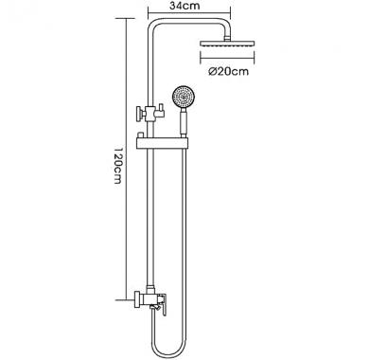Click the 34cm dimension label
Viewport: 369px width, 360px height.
[x=184, y=6]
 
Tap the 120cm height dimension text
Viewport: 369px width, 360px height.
[x=117, y=165]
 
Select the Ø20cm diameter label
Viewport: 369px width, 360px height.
[x=228, y=71]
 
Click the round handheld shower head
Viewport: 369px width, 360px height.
[x=181, y=97]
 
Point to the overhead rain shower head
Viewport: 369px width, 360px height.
[x=227, y=44]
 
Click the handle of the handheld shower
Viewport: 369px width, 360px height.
[x=183, y=124]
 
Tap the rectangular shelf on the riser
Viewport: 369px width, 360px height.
[x=162, y=143]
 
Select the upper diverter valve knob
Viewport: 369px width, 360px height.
[x=139, y=114]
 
